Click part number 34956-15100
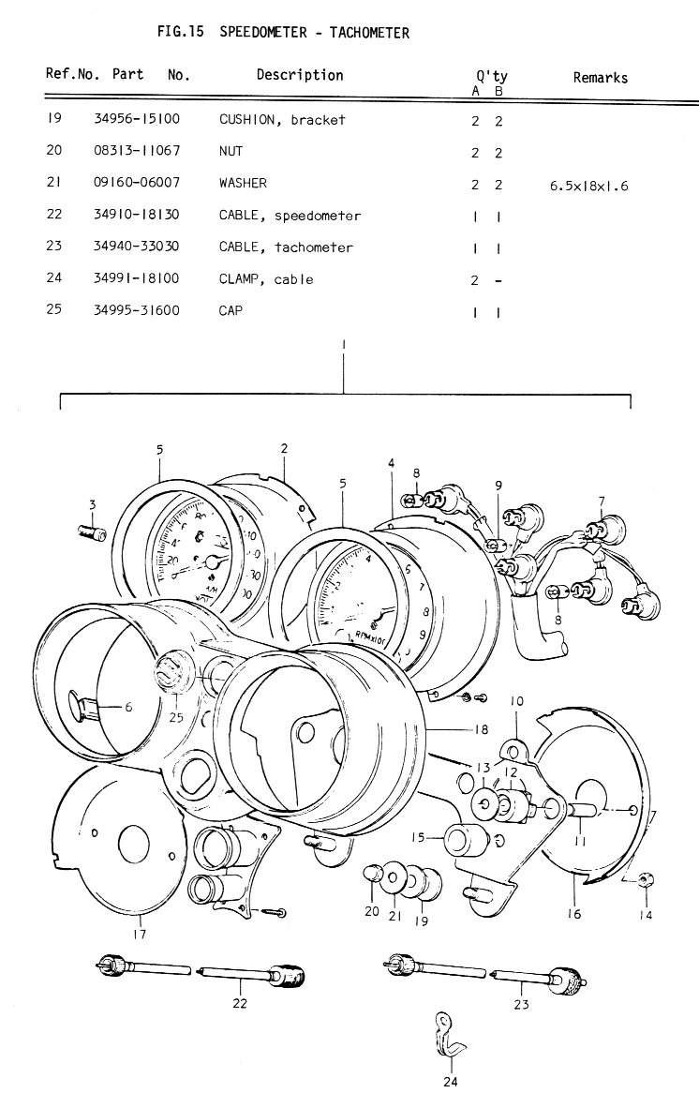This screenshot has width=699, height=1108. point(137,120)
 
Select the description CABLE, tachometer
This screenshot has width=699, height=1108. point(286,247)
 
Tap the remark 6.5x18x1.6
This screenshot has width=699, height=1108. point(588,186)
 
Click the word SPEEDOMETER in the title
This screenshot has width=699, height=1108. point(263,34)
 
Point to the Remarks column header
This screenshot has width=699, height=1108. point(600,78)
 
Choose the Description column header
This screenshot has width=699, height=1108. point(300,75)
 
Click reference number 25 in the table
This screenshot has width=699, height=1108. point(53,308)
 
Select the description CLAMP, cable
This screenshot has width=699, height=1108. point(266,279)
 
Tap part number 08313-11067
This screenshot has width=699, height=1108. point(137,150)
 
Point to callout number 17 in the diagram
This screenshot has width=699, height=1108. point(139,934)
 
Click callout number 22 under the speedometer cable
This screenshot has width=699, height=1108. point(241,1004)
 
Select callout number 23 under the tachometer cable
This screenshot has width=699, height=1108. point(521,1005)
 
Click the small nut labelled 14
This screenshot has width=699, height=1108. point(646,879)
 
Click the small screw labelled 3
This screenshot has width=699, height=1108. point(93,534)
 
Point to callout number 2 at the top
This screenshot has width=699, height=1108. point(283,449)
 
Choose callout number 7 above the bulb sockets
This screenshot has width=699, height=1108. point(602,501)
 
